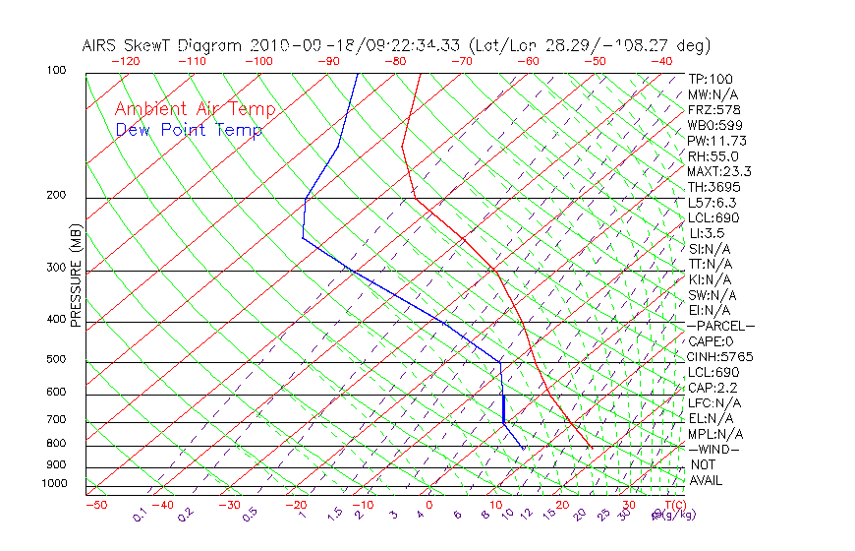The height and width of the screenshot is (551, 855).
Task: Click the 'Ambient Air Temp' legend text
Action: click(x=195, y=109)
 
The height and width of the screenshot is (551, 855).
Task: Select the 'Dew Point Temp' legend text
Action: click(x=189, y=130)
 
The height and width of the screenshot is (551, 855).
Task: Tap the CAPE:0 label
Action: click(x=711, y=340)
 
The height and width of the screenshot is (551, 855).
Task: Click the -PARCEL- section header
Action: click(x=720, y=326)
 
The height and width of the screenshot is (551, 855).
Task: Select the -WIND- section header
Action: click(x=713, y=449)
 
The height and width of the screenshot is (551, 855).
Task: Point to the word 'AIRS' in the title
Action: click(x=102, y=45)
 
